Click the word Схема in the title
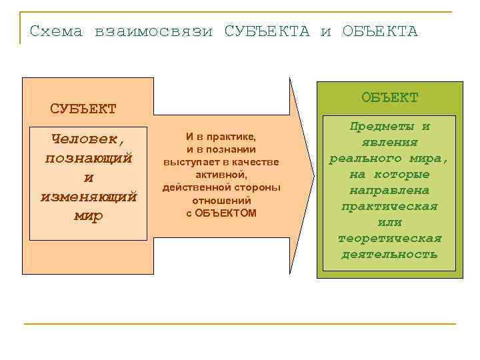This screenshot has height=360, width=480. pyautogui.click(x=56, y=31)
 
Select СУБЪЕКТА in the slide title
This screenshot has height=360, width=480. pyautogui.click(x=267, y=31)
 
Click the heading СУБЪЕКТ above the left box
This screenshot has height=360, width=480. pyautogui.click(x=83, y=108)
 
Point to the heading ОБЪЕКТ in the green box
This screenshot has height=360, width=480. pyautogui.click(x=390, y=97)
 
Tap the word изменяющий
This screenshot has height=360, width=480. pyautogui.click(x=89, y=197)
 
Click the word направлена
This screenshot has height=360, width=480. pyautogui.click(x=389, y=190)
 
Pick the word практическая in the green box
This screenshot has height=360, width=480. pyautogui.click(x=389, y=206)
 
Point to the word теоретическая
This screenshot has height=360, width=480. pyautogui.click(x=389, y=238)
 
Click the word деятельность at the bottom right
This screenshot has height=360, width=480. pyautogui.click(x=389, y=254)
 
